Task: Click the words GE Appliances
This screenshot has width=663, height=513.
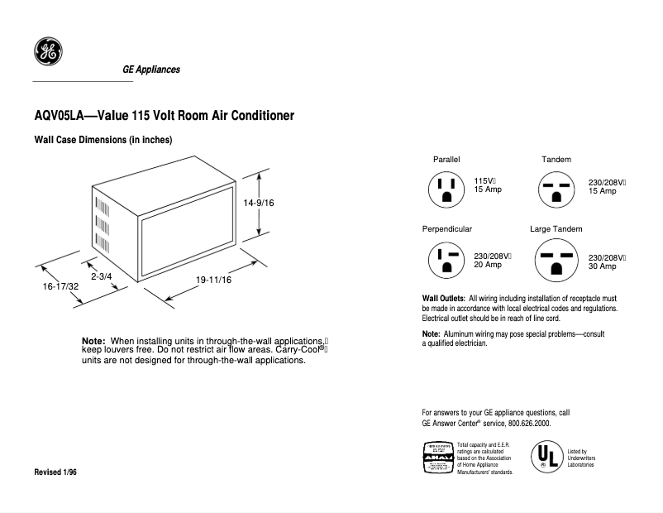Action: [x=151, y=70]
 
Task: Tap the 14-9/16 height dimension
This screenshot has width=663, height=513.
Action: [x=259, y=202]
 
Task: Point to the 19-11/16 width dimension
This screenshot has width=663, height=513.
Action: [x=213, y=280]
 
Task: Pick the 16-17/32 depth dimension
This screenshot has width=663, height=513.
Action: [x=61, y=285]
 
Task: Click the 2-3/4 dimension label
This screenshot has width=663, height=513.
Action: [x=101, y=276]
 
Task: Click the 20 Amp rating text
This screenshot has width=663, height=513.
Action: [x=488, y=265]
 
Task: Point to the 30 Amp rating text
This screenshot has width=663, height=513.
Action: [x=602, y=266]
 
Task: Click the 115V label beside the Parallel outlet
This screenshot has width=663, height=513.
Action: [x=484, y=180]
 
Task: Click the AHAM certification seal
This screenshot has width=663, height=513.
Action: [x=437, y=457]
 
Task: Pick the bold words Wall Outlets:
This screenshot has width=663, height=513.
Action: [x=444, y=298]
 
